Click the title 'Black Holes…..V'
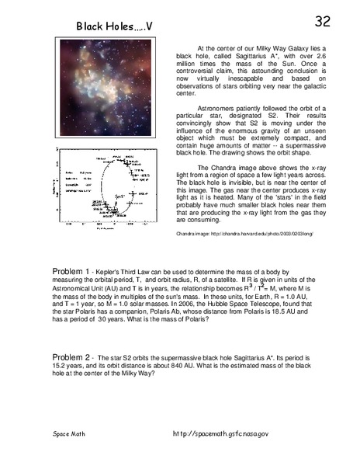pyautogui.click(x=114, y=27)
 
